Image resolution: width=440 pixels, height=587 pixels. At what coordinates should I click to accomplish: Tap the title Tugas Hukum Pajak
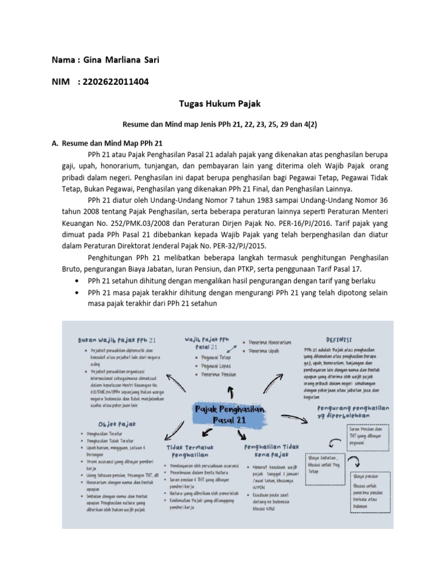coord(220,104)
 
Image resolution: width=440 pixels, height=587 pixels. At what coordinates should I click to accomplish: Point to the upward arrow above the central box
coord(230,391)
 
